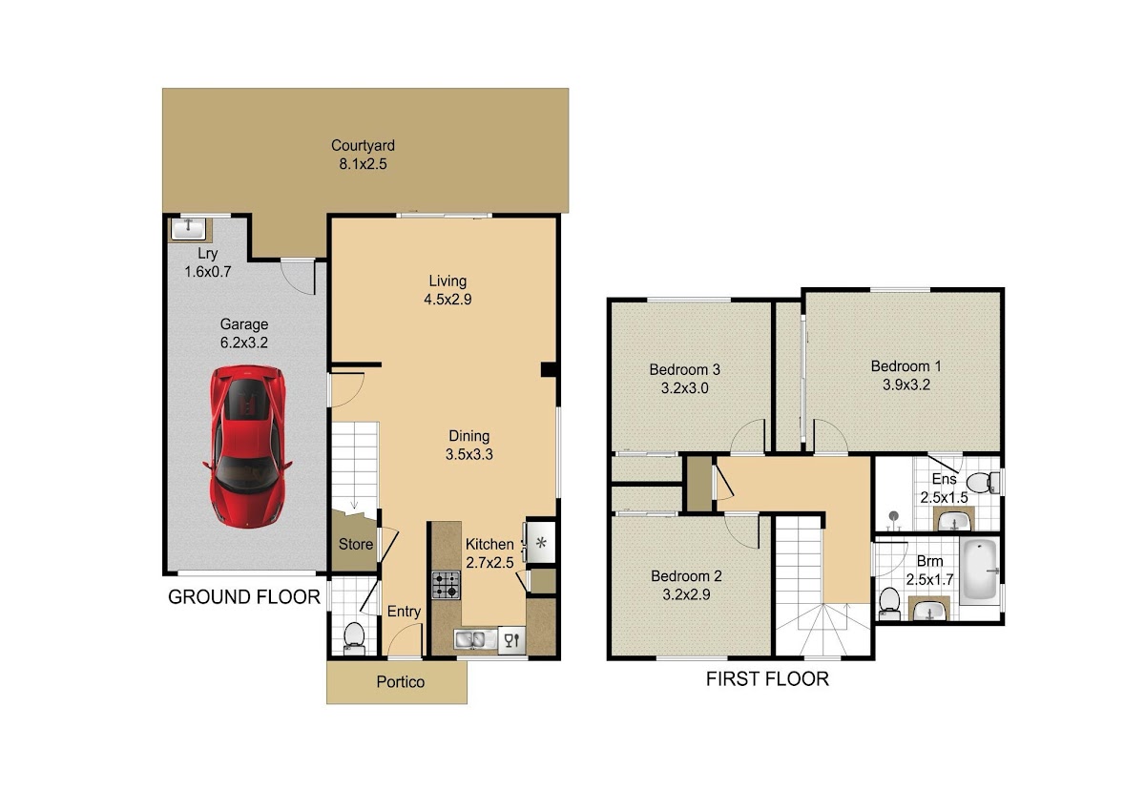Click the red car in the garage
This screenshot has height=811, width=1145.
[x=247, y=447]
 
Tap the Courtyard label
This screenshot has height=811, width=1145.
[x=363, y=146]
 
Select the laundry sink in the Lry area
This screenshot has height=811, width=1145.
[x=188, y=229]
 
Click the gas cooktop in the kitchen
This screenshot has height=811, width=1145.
[x=446, y=585]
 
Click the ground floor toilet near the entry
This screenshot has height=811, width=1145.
[x=354, y=638]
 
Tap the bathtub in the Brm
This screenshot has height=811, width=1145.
[x=979, y=570]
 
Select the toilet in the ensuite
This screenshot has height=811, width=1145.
[x=983, y=483]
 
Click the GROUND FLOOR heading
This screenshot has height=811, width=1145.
[x=244, y=597]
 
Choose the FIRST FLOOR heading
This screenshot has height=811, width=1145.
[x=767, y=679]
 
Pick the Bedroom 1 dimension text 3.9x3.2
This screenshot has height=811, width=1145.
[x=906, y=385]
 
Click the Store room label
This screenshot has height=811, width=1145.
[x=355, y=544]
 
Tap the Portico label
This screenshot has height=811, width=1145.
[x=400, y=682]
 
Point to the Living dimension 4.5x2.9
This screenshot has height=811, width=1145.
[x=448, y=300]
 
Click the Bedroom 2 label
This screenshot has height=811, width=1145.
[x=686, y=576]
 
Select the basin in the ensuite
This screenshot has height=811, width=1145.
[x=953, y=521]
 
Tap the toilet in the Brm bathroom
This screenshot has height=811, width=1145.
[x=889, y=604]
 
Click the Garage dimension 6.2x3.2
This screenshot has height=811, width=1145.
[x=244, y=343]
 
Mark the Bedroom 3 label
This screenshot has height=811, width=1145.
[x=684, y=369]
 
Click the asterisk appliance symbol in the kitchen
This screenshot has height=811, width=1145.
[x=541, y=543]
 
